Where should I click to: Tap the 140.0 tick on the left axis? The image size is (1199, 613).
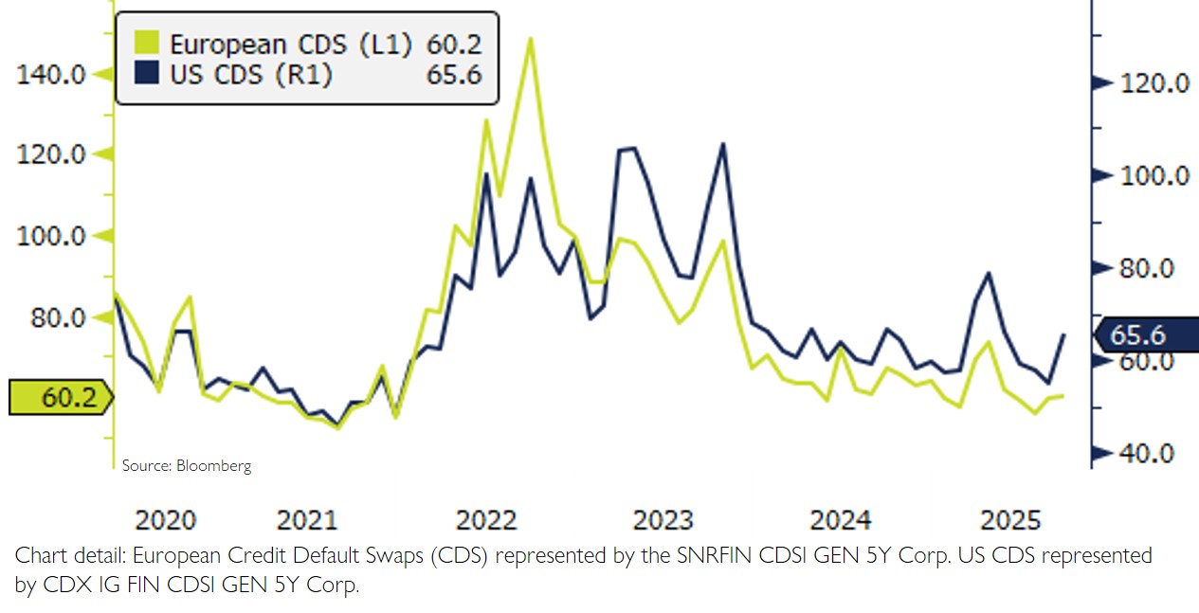point(52,74)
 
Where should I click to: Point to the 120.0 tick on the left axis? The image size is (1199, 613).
point(52,154)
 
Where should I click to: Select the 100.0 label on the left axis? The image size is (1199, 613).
point(52,236)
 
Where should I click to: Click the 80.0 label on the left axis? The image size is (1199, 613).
point(58,317)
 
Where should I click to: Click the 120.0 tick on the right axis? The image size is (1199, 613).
point(1153,83)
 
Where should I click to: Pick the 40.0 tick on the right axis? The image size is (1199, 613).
point(1147,454)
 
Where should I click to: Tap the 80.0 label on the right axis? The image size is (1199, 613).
point(1147,269)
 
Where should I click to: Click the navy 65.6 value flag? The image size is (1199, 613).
point(1145,335)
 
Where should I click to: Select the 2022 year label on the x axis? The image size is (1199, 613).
point(486,520)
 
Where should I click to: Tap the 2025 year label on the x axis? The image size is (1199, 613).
point(1011,520)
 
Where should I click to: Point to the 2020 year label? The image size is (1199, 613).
point(166,520)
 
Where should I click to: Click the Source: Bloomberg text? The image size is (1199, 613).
point(187,466)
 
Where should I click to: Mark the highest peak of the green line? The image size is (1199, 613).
point(530,39)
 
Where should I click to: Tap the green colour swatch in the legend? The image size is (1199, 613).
point(147,44)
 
